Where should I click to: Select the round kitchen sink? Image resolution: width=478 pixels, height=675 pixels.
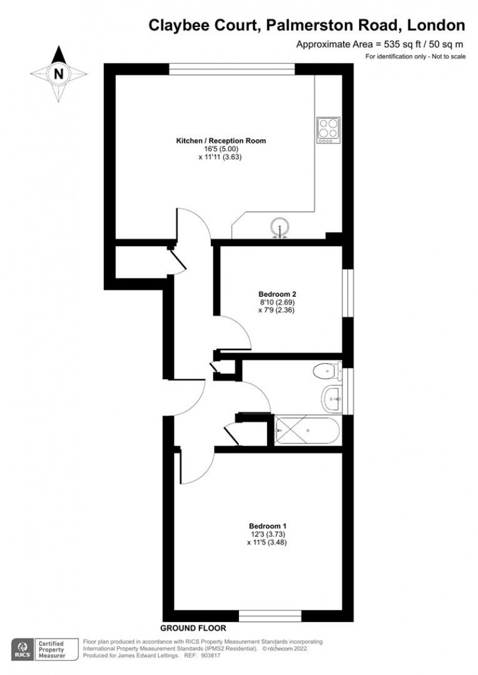280,228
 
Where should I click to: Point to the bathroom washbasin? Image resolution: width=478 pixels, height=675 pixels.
332,397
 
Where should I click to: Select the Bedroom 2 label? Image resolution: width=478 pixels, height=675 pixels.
278,294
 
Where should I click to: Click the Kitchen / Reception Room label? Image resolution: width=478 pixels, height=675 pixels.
220,141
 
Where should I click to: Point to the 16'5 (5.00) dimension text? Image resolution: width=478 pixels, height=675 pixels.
220,149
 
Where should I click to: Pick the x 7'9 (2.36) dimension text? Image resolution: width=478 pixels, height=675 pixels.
278,310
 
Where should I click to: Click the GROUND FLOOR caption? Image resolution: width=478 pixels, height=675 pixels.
193,628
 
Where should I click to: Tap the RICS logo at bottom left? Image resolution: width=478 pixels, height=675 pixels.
22,649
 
